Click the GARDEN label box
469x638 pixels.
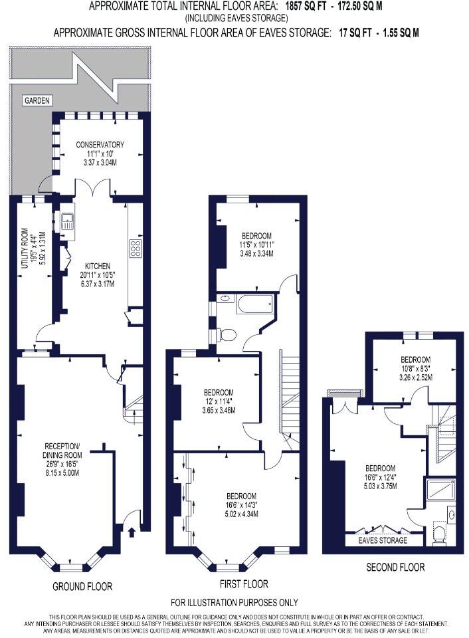pos(37,100)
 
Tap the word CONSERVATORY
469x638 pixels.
pos(100,144)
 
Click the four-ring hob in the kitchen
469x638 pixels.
pos(135,249)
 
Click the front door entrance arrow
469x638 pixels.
pos(130,531)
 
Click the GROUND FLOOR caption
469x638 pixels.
pos(82,587)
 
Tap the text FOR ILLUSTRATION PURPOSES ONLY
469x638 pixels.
pos(234,603)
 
